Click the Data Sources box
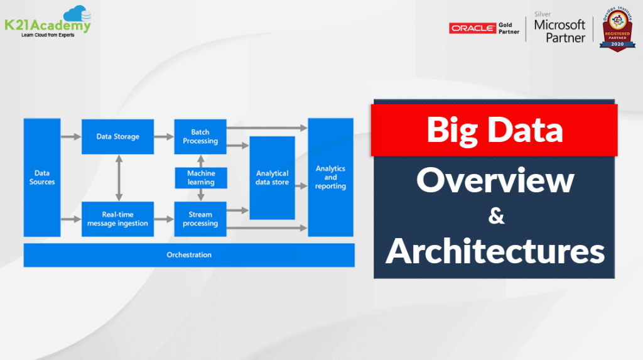42,177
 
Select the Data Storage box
117,136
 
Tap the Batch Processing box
200,136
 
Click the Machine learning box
200,178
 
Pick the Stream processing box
200,219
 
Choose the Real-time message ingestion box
117,219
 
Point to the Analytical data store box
272,178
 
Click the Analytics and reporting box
330,178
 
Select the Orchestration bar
189,255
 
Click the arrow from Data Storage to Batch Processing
164,136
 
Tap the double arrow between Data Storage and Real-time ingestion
117,178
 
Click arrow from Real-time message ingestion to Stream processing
164,219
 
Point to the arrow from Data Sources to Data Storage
71,136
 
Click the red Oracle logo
472,28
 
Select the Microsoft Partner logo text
559,31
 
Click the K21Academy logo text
47,26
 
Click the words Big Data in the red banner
494,130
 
